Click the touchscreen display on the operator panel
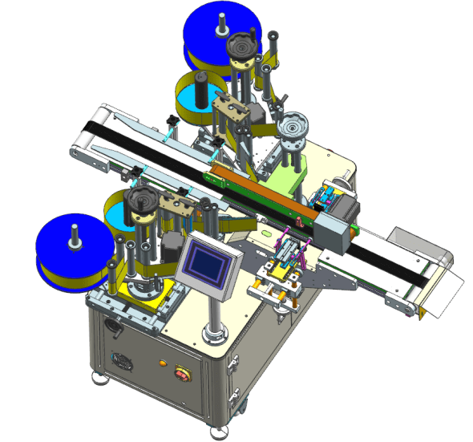tap(205, 262)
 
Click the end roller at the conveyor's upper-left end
tap(77, 146)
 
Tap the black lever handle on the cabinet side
tap(111, 330)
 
